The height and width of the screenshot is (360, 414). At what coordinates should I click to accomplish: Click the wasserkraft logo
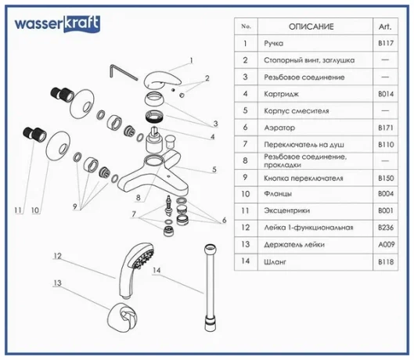pos(57,24)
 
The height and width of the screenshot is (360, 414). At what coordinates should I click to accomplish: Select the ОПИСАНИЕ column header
pos(311,27)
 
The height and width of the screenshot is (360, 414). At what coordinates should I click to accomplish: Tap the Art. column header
pos(385,27)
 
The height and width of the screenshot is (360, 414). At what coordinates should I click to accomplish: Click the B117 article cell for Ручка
pos(386,43)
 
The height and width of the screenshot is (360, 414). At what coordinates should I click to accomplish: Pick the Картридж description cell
pos(281,94)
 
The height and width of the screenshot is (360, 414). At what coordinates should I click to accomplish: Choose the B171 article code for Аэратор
pos(386,128)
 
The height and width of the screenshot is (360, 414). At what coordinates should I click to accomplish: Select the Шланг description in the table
pos(275,261)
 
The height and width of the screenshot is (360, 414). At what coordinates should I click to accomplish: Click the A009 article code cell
pos(386,245)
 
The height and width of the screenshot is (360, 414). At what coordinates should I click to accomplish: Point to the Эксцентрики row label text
pos(286,211)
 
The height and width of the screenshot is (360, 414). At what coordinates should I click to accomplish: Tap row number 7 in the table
pos(245,144)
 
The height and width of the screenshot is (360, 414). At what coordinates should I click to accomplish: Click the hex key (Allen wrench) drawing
pos(124,72)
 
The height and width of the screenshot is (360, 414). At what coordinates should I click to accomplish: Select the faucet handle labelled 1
pos(162,79)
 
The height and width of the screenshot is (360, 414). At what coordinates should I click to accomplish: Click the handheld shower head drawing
pos(135,271)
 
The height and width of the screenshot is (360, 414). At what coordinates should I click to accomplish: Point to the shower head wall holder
pos(122,318)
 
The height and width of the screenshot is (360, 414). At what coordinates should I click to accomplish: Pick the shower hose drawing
pos(210,288)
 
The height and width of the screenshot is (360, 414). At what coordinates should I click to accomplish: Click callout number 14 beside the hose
pos(157,270)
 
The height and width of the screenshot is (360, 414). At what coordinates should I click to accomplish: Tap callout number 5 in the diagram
pos(214,169)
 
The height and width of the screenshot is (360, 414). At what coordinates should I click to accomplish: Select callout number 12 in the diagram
pos(57,256)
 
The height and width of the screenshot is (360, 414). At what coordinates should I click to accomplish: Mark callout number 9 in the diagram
pos(74,207)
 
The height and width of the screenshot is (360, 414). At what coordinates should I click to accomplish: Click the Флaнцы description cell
pos(278,193)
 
